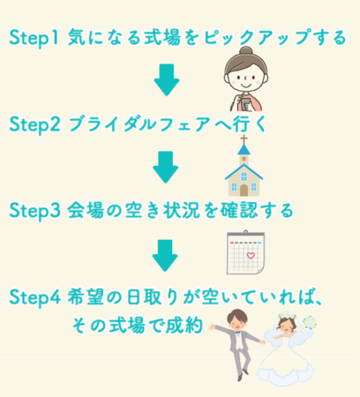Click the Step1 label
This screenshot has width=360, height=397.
(x=34, y=38)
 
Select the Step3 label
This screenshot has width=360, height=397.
(x=35, y=211)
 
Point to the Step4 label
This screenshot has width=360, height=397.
(x=35, y=298)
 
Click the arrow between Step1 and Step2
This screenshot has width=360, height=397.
(x=167, y=80)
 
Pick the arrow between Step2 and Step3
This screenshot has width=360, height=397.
(x=166, y=167)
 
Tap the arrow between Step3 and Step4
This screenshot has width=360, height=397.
(x=165, y=256)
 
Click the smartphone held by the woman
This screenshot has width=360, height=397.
(x=246, y=104)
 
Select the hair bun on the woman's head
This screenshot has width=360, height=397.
(x=246, y=51)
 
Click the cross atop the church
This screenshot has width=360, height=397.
(x=244, y=140)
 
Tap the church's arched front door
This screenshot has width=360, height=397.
(x=244, y=190)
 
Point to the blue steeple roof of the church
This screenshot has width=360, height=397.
(x=244, y=150)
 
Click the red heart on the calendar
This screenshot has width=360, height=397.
(x=251, y=256)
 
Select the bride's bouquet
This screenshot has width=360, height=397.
(x=310, y=322)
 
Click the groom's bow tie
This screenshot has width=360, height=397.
(x=238, y=333)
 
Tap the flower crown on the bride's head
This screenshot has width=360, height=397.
(x=287, y=316)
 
